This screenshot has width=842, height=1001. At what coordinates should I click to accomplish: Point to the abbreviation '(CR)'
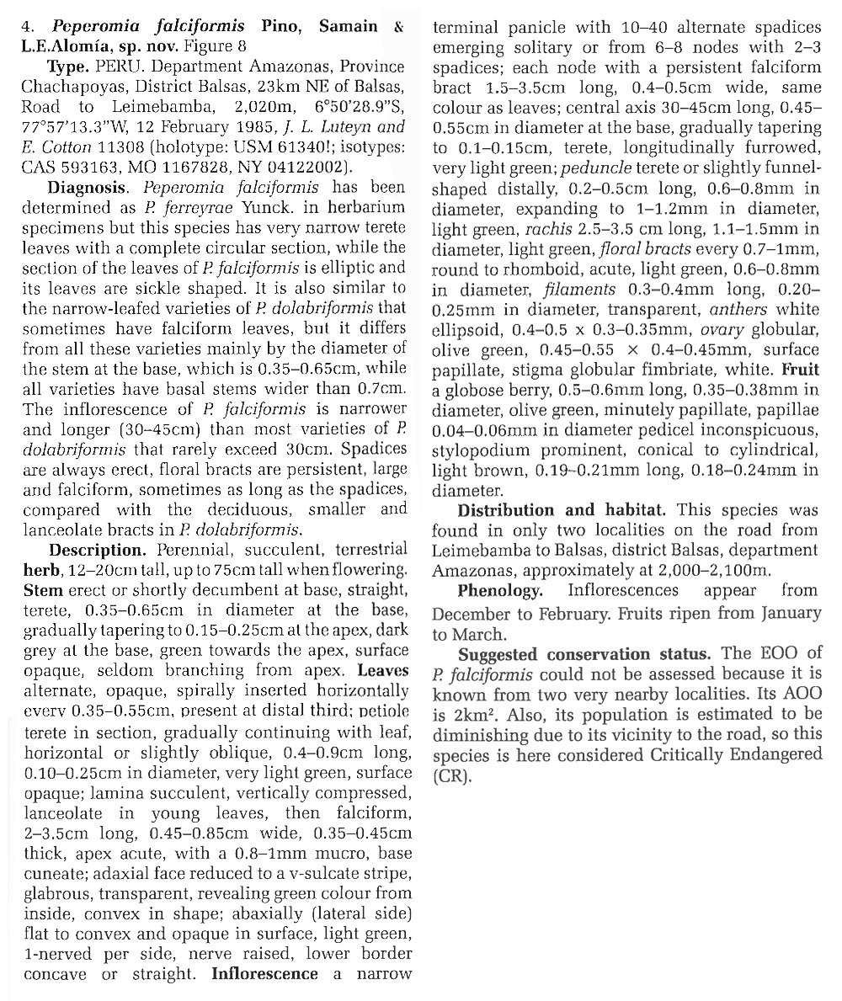click(452, 775)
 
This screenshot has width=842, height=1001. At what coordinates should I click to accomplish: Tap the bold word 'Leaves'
click(382, 670)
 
